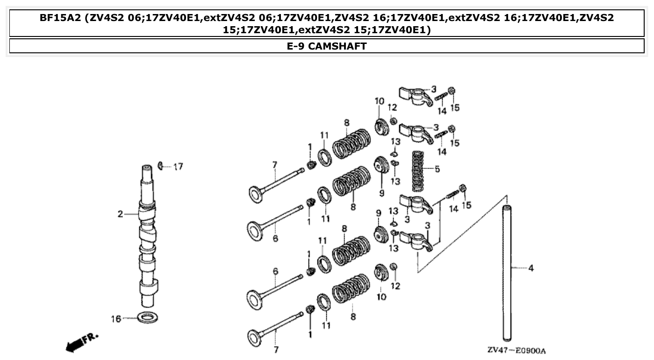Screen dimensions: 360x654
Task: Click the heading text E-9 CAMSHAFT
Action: tap(327, 46)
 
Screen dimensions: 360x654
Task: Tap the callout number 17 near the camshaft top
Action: tap(178, 166)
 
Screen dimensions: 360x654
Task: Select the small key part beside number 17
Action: tap(161, 165)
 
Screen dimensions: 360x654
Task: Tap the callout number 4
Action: tap(531, 268)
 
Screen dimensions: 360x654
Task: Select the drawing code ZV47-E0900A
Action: tap(517, 351)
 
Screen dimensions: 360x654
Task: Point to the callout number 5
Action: tap(437, 169)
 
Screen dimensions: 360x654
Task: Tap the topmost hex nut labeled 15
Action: tap(452, 91)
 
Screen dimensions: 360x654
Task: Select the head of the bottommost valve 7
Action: tap(255, 337)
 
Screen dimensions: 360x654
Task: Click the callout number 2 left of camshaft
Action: tap(120, 214)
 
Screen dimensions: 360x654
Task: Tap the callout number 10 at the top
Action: tap(379, 101)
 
